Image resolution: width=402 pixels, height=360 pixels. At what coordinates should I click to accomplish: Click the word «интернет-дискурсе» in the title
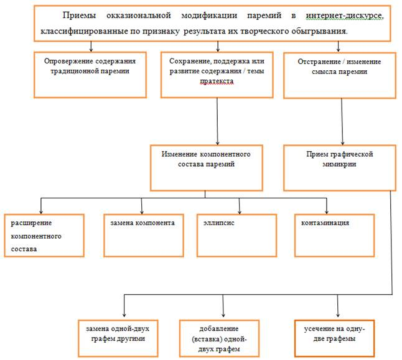click(345, 16)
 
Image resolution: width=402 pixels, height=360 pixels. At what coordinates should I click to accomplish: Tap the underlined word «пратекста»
click(217, 81)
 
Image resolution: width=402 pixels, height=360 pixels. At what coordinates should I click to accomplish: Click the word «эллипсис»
click(218, 223)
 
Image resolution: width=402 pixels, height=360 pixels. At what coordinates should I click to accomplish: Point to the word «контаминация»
click(325, 223)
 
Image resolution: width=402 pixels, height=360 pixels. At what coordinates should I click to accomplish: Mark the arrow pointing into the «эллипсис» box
click(240, 206)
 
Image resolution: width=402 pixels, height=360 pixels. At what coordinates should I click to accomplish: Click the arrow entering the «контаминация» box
click(326, 206)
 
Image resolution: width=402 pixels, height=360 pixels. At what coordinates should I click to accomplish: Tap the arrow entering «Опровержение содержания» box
click(91, 47)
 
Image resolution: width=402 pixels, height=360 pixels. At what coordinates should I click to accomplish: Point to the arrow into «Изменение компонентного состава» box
click(217, 121)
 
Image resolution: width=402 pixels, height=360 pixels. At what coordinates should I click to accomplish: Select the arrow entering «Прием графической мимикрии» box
click(342, 122)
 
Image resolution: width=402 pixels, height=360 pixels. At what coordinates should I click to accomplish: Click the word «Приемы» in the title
click(79, 16)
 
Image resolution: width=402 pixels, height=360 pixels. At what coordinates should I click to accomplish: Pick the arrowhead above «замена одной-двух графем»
click(124, 315)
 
